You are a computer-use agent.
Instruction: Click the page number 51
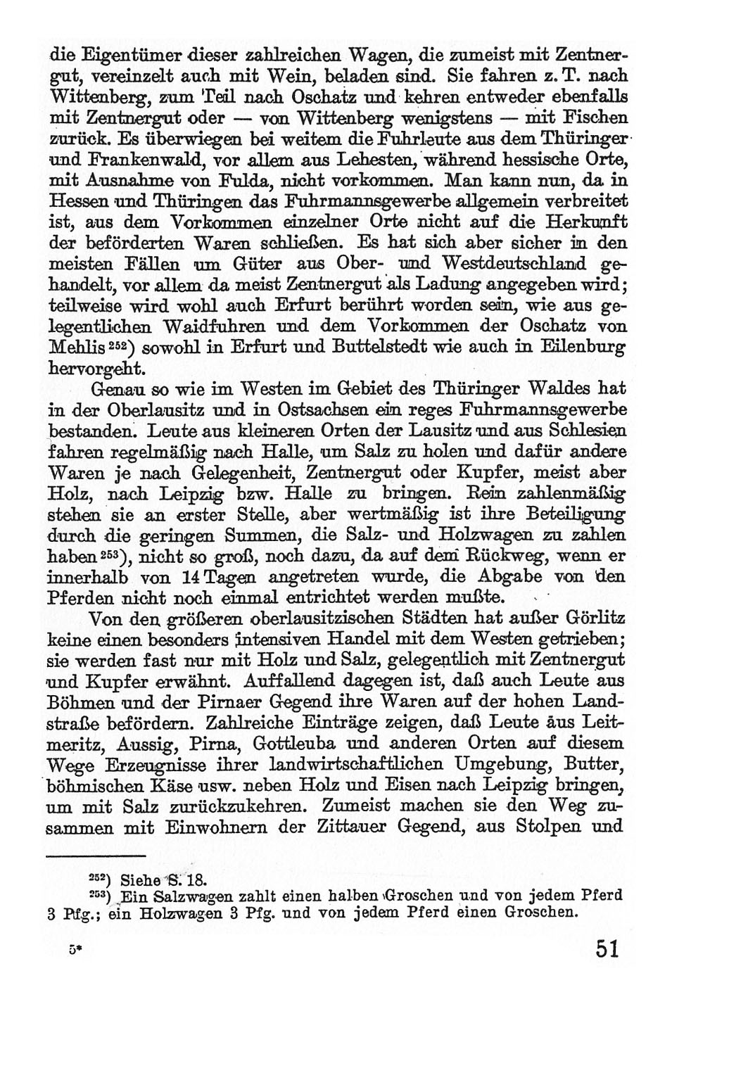(607, 949)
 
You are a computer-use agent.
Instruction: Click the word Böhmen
(80, 702)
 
